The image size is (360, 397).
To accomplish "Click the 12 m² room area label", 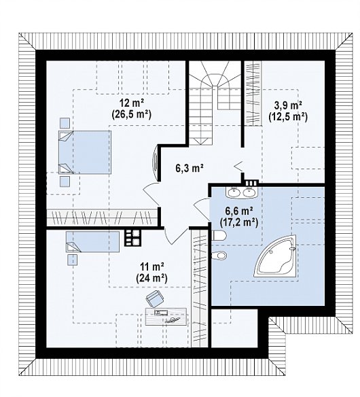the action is tap(132, 103).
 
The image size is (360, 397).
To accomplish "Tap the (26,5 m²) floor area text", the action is tap(131, 115).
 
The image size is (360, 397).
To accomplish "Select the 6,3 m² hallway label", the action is tap(190, 168).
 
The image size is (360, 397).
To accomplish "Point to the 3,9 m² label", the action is tap(288, 105).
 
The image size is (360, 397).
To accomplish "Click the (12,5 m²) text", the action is tap(288, 117).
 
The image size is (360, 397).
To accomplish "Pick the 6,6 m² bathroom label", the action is tap(239, 211).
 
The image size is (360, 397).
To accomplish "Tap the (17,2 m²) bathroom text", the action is tap(239, 222).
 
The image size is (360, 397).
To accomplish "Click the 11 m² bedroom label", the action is tap(152, 266).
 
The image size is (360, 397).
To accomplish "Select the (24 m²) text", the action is tap(152, 278).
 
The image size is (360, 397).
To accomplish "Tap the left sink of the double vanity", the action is tap(234, 193).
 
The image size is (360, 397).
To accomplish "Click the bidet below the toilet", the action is tap(219, 255).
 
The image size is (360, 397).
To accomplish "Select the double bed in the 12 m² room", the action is tap(85, 152).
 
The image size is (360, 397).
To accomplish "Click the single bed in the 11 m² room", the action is tap(92, 241).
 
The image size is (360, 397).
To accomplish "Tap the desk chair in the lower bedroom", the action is tap(155, 298).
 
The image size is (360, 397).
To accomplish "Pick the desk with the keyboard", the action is tap(166, 316).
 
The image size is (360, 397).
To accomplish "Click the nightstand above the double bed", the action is tap(65, 123).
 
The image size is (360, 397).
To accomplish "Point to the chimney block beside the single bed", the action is tap(132, 238).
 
